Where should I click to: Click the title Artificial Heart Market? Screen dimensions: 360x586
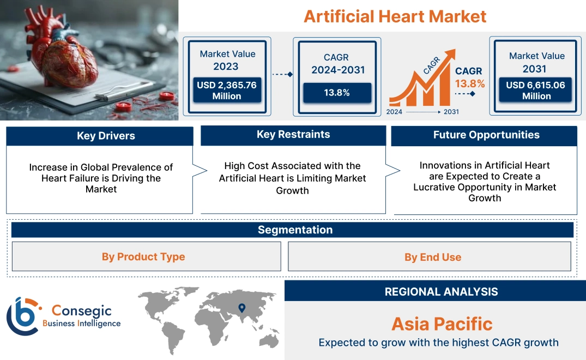(395, 16)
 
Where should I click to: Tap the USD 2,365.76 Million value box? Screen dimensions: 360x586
(226, 91)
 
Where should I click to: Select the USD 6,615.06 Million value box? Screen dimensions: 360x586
(536, 91)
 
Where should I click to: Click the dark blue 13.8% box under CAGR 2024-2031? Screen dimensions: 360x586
(337, 93)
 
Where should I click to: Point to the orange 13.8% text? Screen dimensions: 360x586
(469, 83)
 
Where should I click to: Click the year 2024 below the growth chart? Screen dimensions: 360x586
(395, 112)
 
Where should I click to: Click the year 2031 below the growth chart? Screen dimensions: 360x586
(451, 112)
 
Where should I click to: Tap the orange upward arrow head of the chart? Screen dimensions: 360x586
(450, 55)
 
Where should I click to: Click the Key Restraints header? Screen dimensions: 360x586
(293, 135)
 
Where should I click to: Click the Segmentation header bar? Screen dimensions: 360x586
(294, 230)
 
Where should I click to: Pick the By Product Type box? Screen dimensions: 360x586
(143, 257)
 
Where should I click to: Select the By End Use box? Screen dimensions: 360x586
(432, 257)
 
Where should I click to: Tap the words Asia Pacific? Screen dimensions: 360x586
(442, 324)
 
